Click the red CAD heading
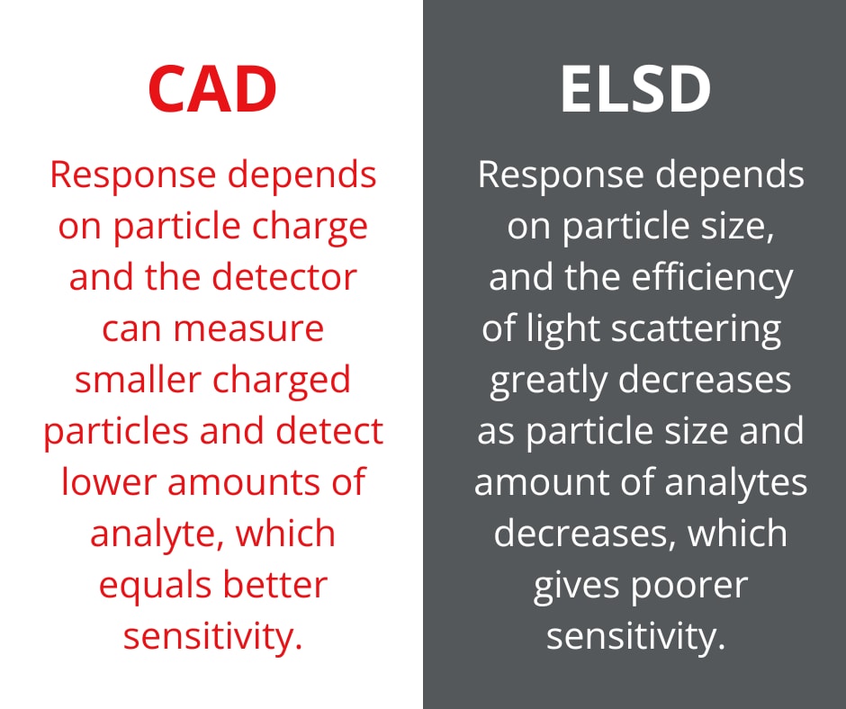point(212,89)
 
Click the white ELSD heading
point(635,89)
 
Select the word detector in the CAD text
point(284,277)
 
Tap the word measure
point(248,329)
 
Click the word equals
point(155,587)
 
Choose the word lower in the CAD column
point(108,482)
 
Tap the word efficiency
point(712,278)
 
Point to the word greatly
point(549,381)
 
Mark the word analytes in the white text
point(736,483)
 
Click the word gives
point(576,587)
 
